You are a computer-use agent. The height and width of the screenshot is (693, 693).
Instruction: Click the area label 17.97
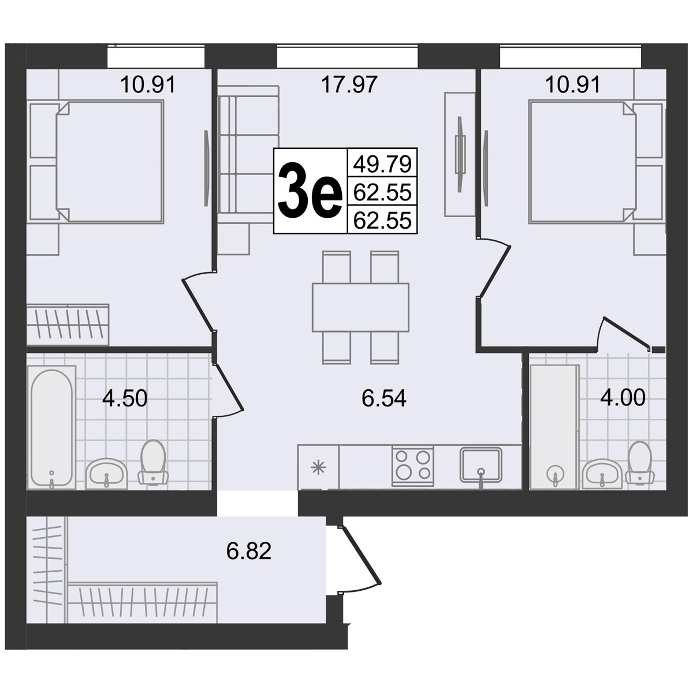point(349,85)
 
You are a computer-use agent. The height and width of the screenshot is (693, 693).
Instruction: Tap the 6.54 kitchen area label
point(383,398)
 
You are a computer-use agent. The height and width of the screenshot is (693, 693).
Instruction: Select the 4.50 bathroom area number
point(125,398)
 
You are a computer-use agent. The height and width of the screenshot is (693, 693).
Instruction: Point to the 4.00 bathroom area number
point(623,398)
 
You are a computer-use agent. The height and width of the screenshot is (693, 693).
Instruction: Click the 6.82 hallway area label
point(249,551)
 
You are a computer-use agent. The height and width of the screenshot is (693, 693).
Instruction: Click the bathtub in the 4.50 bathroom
point(52,427)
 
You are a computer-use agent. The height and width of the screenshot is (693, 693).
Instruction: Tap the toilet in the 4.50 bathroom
point(153,461)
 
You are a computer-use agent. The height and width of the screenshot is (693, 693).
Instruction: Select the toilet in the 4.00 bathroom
point(641,462)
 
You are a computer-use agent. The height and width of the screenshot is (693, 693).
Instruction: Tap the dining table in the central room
point(361,307)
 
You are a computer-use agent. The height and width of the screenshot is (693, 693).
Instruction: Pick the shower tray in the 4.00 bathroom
point(554,427)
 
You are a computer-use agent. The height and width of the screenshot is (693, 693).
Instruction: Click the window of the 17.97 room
point(347,57)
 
